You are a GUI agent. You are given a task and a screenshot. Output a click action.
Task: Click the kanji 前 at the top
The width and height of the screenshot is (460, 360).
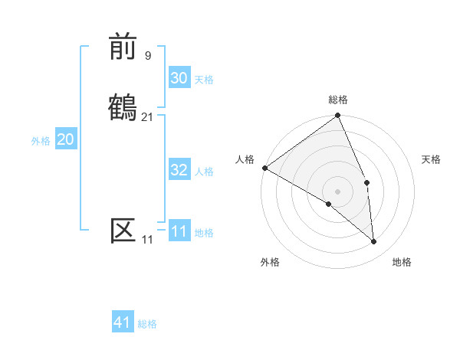[123, 47]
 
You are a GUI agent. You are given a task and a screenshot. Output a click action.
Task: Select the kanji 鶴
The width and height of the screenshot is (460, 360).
[123, 106]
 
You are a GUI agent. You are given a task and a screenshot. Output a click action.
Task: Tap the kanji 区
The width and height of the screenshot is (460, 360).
[123, 230]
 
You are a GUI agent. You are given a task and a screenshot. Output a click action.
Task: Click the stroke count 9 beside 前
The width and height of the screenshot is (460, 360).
[148, 55]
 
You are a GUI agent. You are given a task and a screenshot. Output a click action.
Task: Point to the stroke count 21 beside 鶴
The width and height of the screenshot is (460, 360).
[148, 116]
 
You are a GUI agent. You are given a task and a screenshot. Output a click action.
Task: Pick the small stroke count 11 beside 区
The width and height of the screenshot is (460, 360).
[147, 240]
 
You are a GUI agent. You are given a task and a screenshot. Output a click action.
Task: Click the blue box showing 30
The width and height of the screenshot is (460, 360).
[179, 78]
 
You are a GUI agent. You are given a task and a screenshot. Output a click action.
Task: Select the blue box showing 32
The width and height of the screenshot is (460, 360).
[179, 170]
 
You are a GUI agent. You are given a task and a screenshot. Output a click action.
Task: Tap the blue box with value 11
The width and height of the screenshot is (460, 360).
[179, 231]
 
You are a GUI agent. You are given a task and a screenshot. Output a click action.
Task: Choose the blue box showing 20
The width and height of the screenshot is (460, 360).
[65, 139]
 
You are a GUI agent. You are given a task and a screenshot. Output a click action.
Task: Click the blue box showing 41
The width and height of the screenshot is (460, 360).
[123, 322]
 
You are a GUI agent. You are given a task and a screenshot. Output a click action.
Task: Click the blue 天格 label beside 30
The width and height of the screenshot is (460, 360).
[204, 80]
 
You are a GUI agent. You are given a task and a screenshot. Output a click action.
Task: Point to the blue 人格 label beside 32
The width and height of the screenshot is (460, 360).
[204, 172]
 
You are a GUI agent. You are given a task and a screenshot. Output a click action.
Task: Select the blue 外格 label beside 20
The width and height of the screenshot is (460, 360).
[41, 141]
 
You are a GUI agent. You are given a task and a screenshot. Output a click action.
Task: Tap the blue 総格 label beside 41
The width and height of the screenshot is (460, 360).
[147, 324]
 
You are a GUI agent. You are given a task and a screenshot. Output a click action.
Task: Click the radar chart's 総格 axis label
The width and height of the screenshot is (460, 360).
[338, 100]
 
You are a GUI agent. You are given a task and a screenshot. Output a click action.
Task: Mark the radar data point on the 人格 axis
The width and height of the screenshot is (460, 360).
[264, 168]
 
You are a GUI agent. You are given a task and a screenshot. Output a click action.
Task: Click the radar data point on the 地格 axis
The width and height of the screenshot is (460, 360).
[373, 242]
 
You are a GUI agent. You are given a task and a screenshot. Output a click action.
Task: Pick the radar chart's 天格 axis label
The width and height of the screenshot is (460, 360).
[432, 159]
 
